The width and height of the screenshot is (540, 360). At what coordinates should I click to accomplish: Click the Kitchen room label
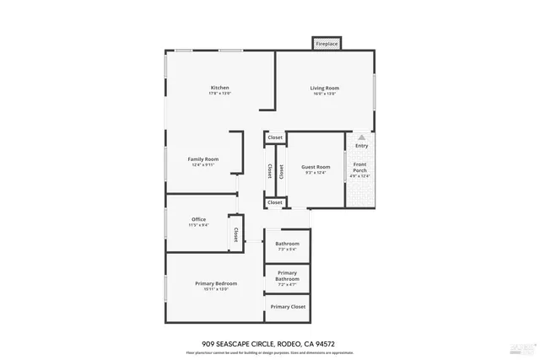(220, 88)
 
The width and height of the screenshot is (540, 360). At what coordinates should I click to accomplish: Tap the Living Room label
(324, 88)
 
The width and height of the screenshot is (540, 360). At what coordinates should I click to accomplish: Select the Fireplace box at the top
(327, 43)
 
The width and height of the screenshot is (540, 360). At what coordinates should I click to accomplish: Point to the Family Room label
(203, 159)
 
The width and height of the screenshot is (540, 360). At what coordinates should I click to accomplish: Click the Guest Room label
(316, 167)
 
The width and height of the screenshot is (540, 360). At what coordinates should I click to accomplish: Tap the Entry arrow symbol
(361, 137)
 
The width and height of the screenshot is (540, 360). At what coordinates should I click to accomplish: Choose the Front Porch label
(360, 166)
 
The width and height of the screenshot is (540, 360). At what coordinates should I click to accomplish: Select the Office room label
(198, 219)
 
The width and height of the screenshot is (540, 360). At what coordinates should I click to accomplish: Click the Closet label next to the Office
(236, 234)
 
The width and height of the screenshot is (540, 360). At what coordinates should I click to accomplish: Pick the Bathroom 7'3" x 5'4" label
(287, 244)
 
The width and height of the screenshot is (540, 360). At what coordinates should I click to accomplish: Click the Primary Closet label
(288, 307)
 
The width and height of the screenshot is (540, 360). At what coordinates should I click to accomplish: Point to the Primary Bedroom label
(216, 283)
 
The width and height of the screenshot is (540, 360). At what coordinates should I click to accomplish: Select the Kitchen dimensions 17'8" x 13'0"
(220, 94)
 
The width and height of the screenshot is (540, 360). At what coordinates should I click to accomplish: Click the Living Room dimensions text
(324, 94)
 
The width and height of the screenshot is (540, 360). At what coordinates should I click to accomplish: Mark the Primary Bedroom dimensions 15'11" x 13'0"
(216, 289)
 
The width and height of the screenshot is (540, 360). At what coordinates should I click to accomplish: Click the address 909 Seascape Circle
(269, 343)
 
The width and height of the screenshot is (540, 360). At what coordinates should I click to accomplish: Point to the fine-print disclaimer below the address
(269, 352)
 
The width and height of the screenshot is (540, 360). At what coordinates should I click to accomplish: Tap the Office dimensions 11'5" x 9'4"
(198, 225)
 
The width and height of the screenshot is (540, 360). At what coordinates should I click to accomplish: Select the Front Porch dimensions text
(360, 175)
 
